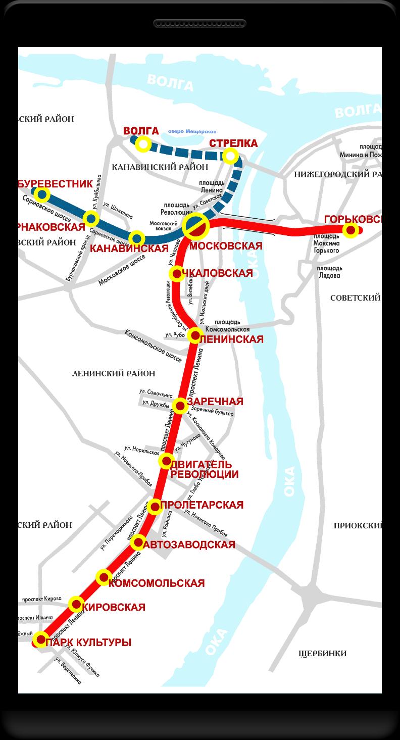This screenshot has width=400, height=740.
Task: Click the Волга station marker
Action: [143, 145]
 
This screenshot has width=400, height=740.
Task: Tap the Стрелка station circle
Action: [230, 156]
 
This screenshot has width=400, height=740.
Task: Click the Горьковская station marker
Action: [351, 230]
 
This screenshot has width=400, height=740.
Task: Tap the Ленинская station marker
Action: [195, 335]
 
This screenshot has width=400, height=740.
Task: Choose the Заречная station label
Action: [216, 402]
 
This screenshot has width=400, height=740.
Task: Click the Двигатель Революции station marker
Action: [166, 461]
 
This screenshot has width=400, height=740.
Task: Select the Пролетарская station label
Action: [202, 505]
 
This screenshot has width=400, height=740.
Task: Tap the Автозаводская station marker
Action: [138, 544]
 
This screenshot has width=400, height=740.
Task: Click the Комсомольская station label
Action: [157, 583]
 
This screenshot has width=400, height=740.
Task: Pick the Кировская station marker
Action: [76, 604]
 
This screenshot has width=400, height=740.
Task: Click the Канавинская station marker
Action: [137, 238]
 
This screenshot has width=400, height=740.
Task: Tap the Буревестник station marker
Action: [42, 194]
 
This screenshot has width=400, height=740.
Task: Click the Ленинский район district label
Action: [114, 373]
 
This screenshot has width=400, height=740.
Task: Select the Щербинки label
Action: [322, 654]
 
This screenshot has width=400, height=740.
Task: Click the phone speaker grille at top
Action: [200, 23]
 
